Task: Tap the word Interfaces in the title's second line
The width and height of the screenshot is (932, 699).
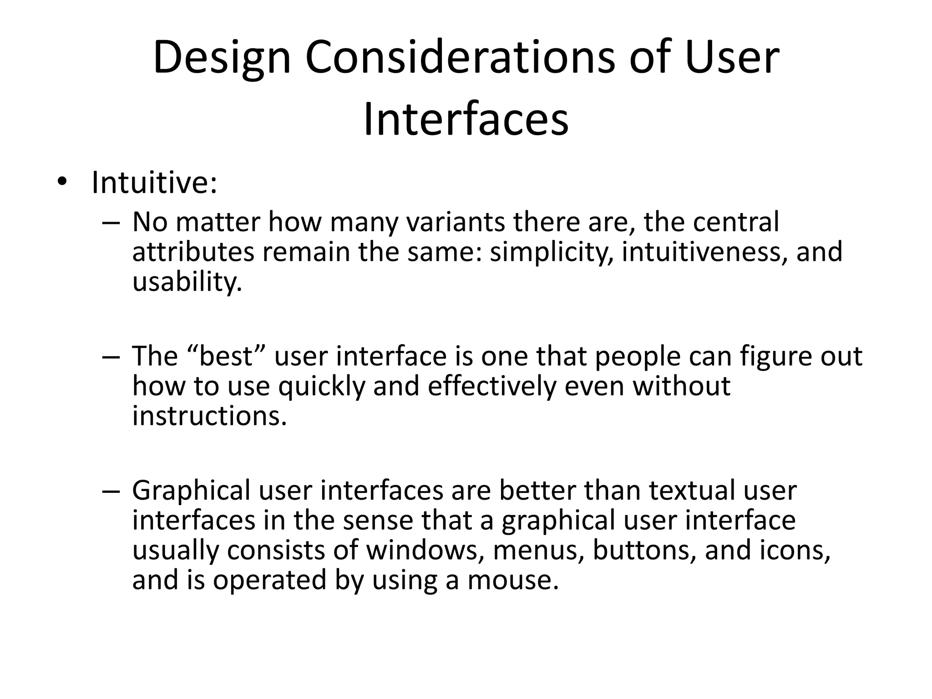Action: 466,120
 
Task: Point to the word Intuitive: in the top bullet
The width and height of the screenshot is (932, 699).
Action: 154,182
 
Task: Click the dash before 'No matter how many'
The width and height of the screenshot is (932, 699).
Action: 111,223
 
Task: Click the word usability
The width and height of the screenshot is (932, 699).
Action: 187,282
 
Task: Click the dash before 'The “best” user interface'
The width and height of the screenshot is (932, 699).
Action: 111,357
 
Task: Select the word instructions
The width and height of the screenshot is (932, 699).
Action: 210,415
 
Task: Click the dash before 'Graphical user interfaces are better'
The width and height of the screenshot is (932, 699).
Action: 111,491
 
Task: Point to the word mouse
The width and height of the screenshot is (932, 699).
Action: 513,580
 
